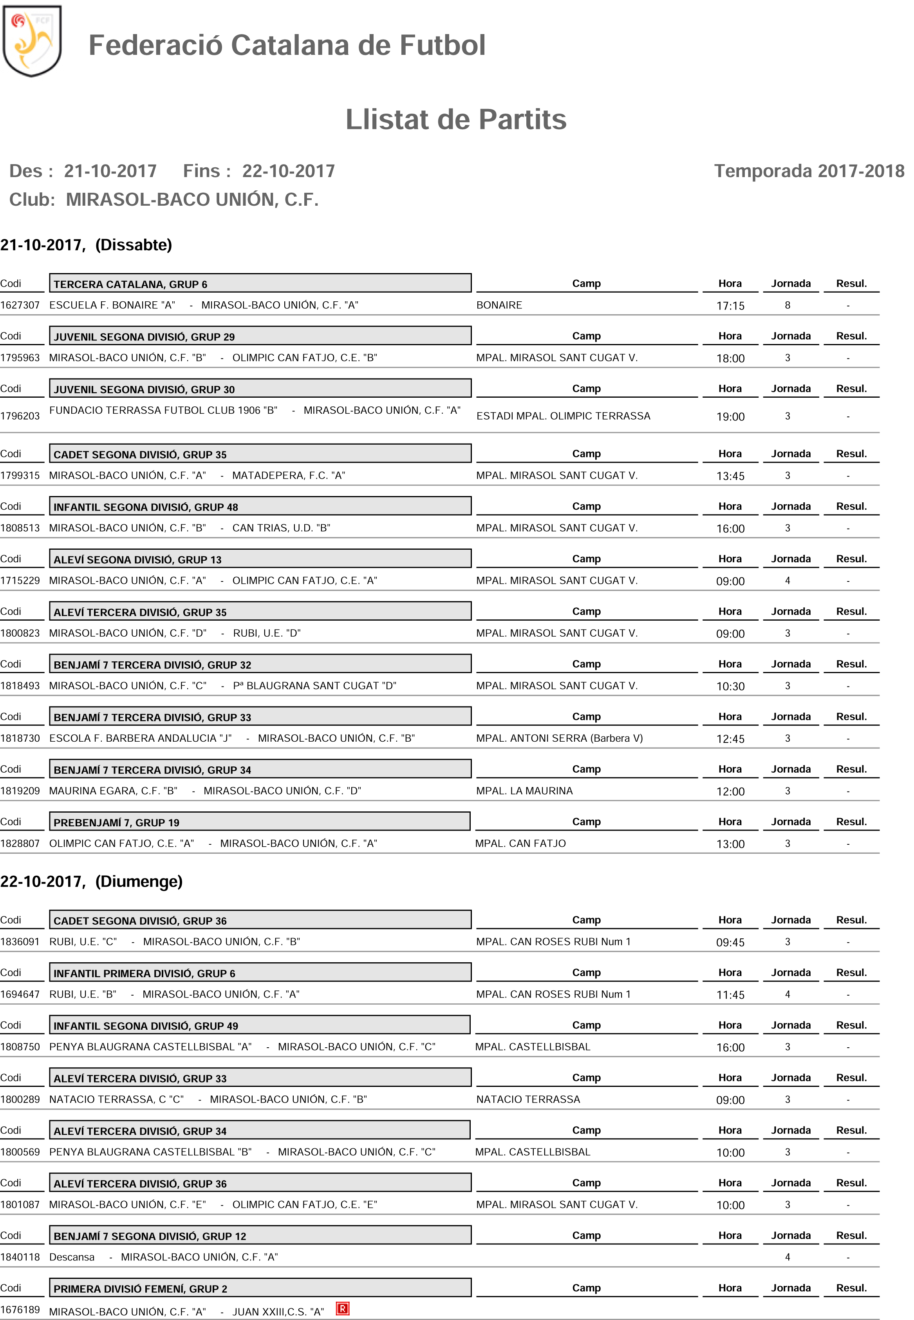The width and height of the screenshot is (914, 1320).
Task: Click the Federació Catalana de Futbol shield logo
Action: (32, 41)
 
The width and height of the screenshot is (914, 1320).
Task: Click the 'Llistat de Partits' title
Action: (456, 120)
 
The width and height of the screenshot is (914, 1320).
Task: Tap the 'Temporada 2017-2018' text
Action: (809, 171)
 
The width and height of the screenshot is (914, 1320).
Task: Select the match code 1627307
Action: (20, 305)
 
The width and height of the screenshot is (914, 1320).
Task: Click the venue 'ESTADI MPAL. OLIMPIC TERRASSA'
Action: (563, 416)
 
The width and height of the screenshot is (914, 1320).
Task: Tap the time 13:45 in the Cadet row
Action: (730, 476)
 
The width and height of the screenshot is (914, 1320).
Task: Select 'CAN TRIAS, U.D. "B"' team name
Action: (281, 528)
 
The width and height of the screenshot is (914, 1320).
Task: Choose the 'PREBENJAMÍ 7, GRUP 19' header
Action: (259, 822)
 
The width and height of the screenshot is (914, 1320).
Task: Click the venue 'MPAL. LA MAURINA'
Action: (524, 791)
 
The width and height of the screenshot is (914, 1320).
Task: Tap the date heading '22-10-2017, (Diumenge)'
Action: (92, 881)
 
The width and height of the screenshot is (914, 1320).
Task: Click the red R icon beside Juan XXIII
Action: (343, 1309)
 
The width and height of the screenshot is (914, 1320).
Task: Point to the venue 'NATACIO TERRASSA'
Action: (528, 1099)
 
